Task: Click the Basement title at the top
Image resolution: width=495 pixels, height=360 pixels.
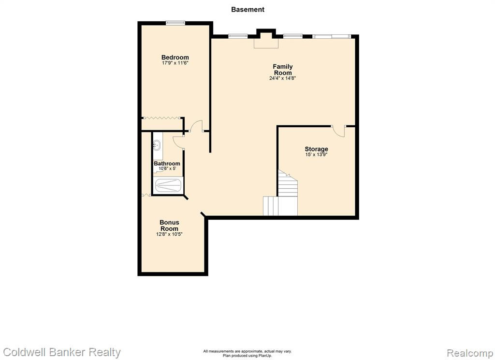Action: (x=247, y=10)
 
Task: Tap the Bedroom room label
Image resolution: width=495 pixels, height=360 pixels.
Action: (x=175, y=57)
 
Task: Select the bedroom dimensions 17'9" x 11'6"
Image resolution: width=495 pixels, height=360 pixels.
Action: (x=175, y=63)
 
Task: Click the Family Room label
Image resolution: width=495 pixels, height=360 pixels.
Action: (x=283, y=70)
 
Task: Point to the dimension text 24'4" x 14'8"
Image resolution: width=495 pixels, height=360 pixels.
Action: (x=282, y=78)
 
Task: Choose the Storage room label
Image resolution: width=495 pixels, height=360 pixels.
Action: (x=316, y=149)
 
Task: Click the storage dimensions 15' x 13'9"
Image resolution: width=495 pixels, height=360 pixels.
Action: (x=316, y=154)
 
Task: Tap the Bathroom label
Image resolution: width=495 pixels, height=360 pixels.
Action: (x=167, y=164)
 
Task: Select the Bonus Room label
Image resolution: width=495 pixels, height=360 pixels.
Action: (x=169, y=225)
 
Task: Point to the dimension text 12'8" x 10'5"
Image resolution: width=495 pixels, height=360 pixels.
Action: (x=169, y=234)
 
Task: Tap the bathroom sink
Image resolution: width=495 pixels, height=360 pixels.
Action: (x=157, y=146)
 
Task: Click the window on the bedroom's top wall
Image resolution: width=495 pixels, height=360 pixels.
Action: (x=175, y=22)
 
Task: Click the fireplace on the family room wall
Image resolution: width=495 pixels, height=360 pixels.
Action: (x=266, y=39)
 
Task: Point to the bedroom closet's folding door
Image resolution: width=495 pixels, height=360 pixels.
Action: (x=162, y=118)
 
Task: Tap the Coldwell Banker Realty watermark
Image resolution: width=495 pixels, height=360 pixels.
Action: (x=61, y=352)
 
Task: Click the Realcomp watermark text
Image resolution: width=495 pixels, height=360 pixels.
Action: (x=470, y=352)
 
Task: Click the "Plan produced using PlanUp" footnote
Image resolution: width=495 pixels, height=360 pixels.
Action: (x=247, y=356)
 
